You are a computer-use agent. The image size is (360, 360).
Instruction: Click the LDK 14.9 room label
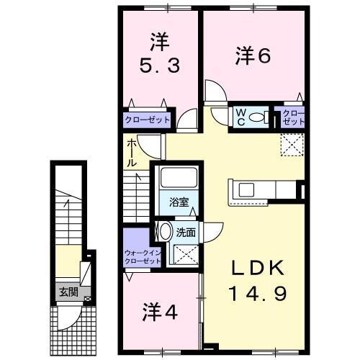coord(256,281)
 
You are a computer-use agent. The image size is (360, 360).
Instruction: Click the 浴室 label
coord(179,202)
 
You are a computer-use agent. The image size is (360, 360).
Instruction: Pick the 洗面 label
coord(186,233)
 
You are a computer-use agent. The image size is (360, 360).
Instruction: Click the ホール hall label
coord(132,153)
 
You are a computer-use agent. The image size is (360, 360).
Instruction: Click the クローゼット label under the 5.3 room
coord(148,120)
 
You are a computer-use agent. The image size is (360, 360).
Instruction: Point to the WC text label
coord(240,117)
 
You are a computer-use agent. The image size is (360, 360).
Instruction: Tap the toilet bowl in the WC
coord(260,118)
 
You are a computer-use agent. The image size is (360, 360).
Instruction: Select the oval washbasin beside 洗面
coord(164,232)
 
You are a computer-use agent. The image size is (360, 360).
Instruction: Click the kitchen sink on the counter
coord(247,189)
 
